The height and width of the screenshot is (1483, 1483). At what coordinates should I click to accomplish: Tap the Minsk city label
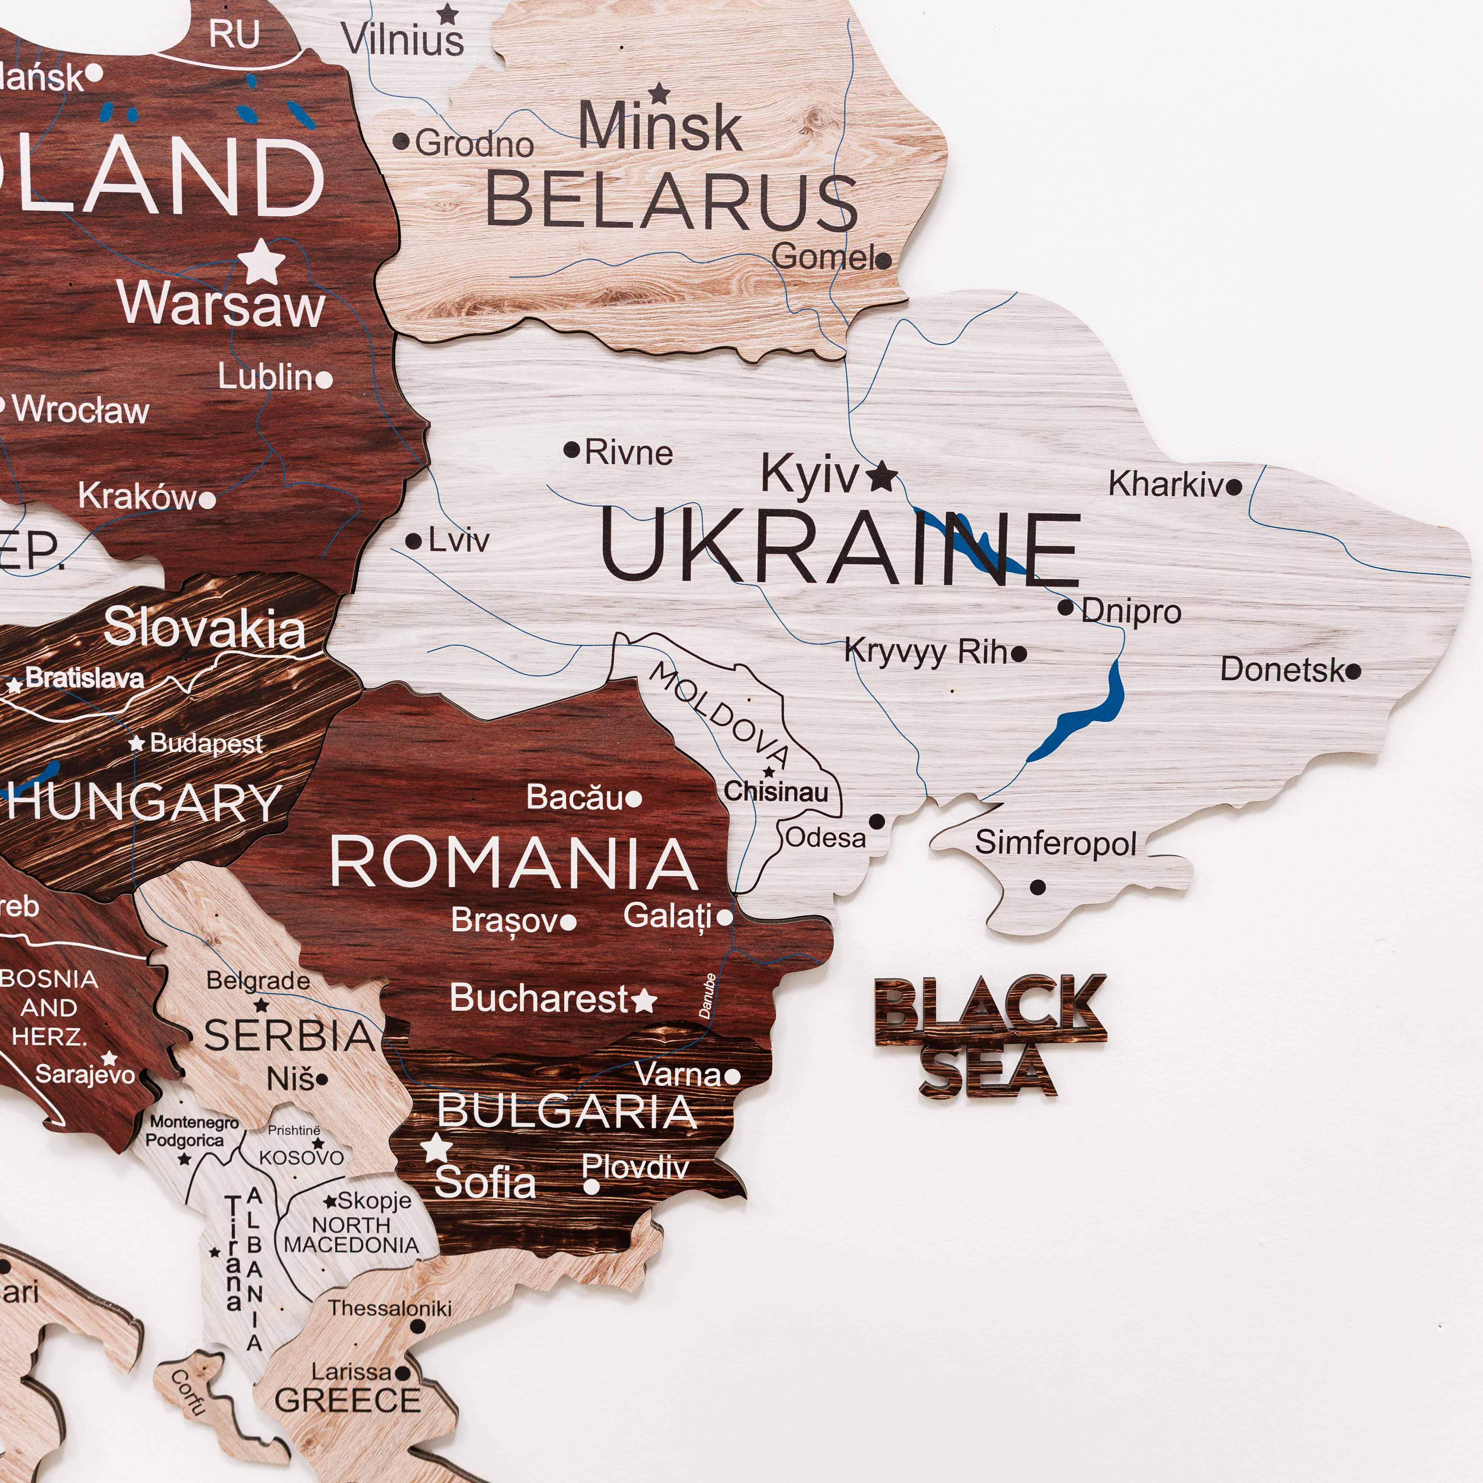coord(660,127)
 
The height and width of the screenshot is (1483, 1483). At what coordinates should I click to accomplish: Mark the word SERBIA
coord(289,1036)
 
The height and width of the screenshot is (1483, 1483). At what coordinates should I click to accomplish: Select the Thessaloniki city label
coord(390,1307)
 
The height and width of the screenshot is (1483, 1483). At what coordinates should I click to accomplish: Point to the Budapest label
coord(206,743)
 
